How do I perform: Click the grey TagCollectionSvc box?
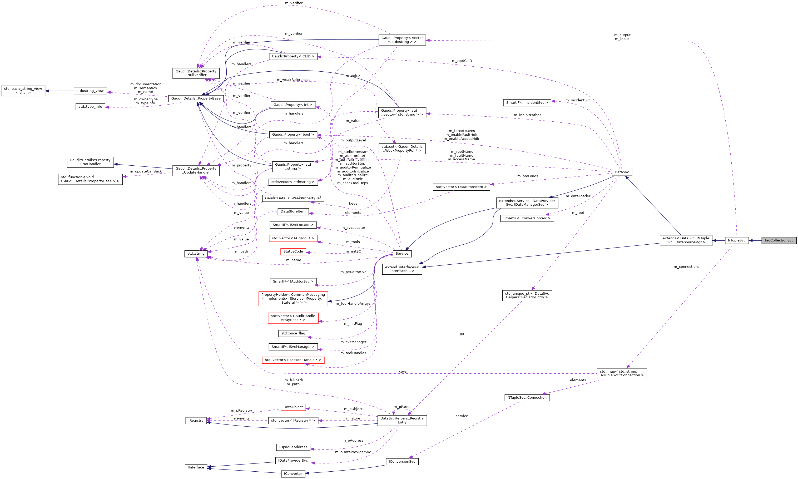[x=779, y=240]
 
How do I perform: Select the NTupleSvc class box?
[x=737, y=240]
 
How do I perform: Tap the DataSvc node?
[x=622, y=172]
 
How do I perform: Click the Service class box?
[x=402, y=254]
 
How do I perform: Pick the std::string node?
[x=196, y=254]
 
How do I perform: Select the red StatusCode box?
[x=293, y=251]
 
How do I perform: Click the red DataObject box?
[x=293, y=407]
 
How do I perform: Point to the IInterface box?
[x=196, y=467]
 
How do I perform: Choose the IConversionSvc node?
[x=402, y=462]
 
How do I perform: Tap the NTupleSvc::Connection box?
[x=527, y=398]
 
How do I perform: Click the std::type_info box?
[x=90, y=107]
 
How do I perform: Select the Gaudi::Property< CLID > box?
[x=293, y=57]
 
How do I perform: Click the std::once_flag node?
[x=293, y=333]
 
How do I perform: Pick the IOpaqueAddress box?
[x=293, y=447]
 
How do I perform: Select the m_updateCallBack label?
[x=146, y=171]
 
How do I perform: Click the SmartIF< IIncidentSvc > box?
[x=527, y=103]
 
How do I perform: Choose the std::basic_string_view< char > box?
[x=23, y=91]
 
